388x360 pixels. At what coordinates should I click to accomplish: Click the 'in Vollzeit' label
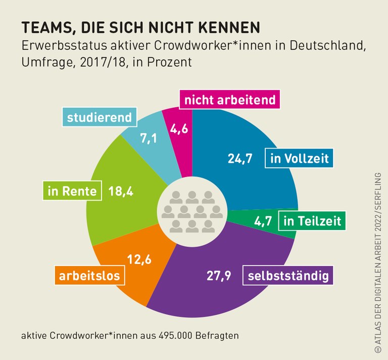point(299,159)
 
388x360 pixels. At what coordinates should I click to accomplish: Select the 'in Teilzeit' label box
point(312,221)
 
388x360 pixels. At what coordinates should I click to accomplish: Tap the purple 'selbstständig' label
point(288,276)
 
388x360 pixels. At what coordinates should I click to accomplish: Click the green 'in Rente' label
point(72,192)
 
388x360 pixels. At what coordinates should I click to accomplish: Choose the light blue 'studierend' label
point(100,118)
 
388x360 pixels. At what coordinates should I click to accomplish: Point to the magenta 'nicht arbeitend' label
point(230,100)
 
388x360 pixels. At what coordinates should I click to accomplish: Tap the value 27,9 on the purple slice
point(219,276)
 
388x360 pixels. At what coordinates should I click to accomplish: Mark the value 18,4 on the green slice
point(121,192)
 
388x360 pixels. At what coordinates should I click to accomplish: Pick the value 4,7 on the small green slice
point(262,221)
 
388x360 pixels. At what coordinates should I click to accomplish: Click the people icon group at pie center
point(192,211)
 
